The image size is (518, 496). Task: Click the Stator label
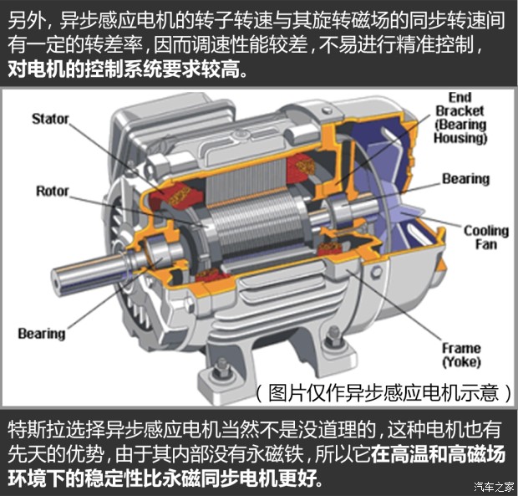coord(50,119)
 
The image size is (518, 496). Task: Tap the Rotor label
coord(52,191)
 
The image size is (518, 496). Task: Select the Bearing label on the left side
coord(42,333)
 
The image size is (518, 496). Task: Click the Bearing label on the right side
coord(466,179)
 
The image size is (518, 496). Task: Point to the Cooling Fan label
coord(486,238)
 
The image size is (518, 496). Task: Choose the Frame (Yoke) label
coord(461,355)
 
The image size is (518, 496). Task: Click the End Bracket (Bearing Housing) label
coord(460,118)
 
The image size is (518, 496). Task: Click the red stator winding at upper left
coord(175,197)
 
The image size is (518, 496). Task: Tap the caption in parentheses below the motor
coord(383,393)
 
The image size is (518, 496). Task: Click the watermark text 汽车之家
coord(495,487)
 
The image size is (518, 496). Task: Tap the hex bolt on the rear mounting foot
coord(333,336)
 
